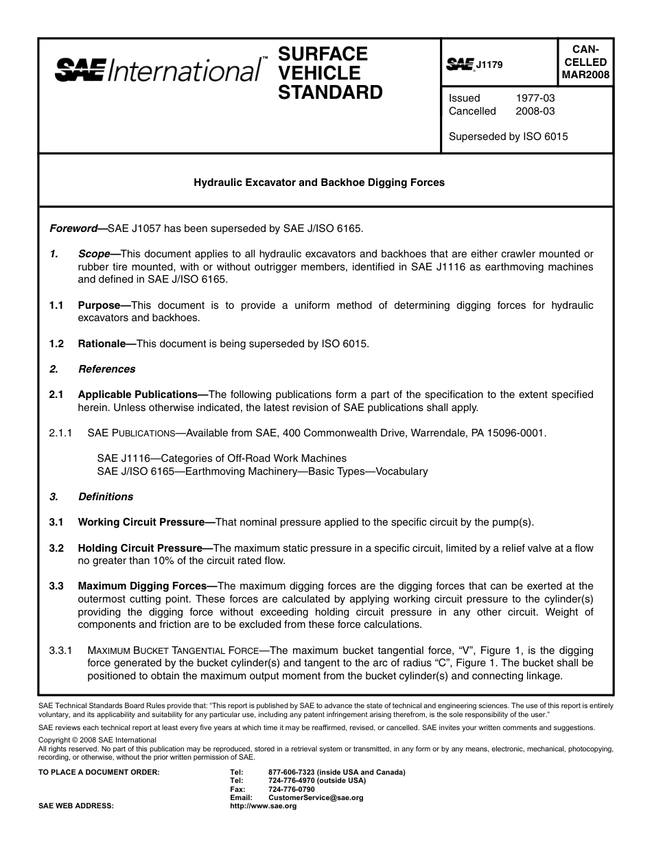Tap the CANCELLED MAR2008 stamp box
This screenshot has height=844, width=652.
(585, 62)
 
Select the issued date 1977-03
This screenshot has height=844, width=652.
(535, 98)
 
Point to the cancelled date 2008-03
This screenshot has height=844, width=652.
(535, 111)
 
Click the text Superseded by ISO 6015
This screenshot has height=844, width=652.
(508, 137)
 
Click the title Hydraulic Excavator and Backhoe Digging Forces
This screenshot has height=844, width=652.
(319, 183)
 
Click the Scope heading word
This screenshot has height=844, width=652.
(95, 254)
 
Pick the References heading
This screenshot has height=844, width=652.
(106, 369)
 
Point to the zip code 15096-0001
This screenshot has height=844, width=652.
(517, 433)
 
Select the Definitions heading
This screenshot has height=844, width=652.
(105, 497)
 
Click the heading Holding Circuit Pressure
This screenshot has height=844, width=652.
(140, 548)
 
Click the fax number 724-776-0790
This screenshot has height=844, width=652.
(292, 789)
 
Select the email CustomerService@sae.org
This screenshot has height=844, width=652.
(316, 798)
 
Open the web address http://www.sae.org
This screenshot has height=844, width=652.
(264, 806)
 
